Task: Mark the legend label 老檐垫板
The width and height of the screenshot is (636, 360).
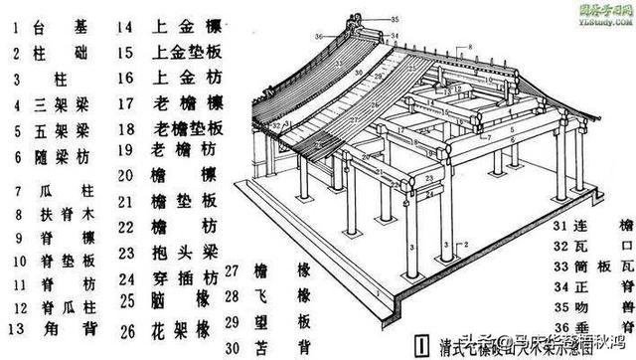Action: pos(187,129)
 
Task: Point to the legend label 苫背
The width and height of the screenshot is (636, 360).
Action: pos(297,347)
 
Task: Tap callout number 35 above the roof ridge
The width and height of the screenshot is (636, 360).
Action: pos(393,19)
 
